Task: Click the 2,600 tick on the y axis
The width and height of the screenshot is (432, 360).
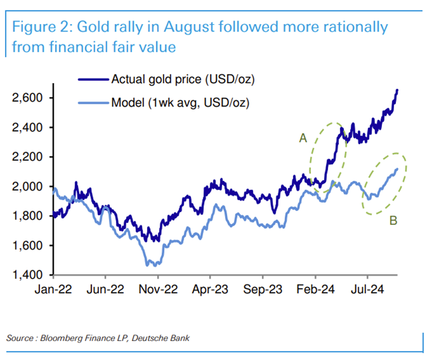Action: pyautogui.click(x=28, y=97)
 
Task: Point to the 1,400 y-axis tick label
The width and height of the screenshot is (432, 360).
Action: pyautogui.click(x=28, y=275)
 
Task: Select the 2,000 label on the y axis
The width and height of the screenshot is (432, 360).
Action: pyautogui.click(x=28, y=186)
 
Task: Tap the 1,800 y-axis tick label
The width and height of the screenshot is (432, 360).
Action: pyautogui.click(x=28, y=216)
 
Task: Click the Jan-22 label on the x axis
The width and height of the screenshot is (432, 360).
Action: pyautogui.click(x=54, y=289)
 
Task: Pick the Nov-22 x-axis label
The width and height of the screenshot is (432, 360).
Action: pyautogui.click(x=158, y=289)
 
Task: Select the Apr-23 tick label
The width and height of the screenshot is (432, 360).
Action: pyautogui.click(x=210, y=289)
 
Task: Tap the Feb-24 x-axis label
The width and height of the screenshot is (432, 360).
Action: pyautogui.click(x=315, y=289)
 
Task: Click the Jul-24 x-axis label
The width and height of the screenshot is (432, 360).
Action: pyautogui.click(x=368, y=289)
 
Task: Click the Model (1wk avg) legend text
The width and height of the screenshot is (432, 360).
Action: pyautogui.click(x=180, y=103)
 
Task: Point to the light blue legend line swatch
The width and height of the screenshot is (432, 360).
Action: pyautogui.click(x=92, y=103)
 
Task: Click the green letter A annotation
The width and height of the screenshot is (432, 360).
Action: pyautogui.click(x=303, y=138)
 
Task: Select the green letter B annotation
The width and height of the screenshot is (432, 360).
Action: pyautogui.click(x=393, y=220)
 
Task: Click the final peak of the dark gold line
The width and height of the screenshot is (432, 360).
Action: pyautogui.click(x=397, y=90)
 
